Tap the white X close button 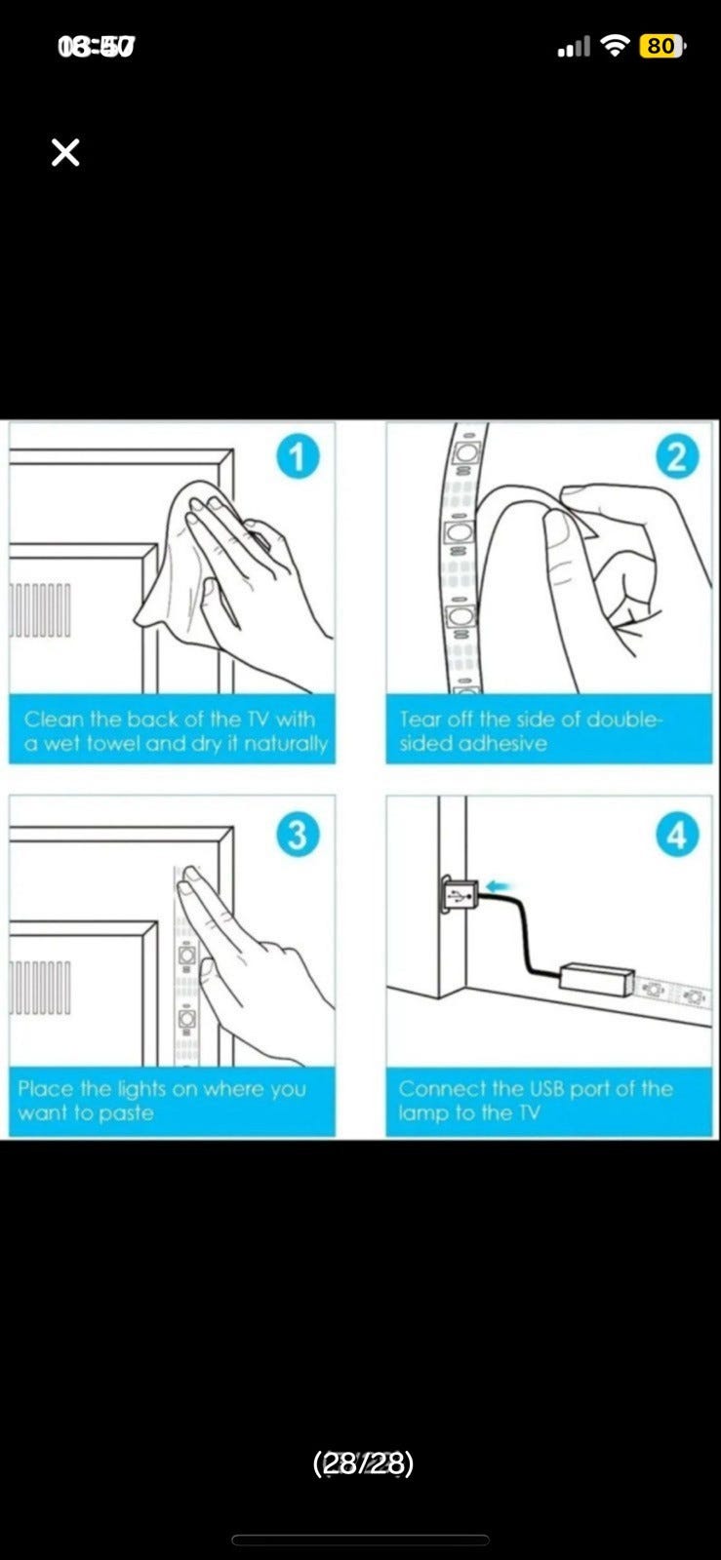(65, 152)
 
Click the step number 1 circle (298, 457)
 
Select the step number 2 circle (677, 457)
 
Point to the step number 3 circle (298, 835)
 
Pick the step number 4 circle (677, 835)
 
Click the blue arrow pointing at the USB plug (499, 886)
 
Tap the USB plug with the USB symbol (460, 893)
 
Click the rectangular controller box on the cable (597, 976)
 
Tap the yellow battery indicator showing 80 (661, 46)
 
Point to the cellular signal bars (574, 47)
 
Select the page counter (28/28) (363, 1462)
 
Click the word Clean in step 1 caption (54, 719)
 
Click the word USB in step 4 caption (546, 1088)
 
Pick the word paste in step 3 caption (126, 1113)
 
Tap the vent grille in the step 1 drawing (40, 609)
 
